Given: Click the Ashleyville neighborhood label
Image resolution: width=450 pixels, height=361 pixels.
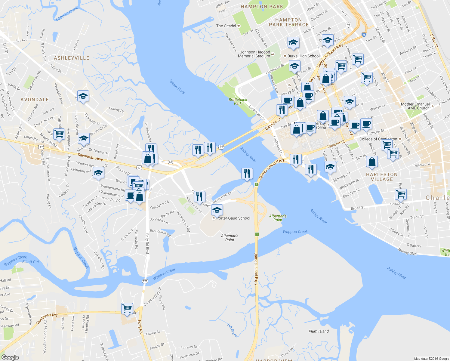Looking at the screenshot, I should click(x=71, y=58).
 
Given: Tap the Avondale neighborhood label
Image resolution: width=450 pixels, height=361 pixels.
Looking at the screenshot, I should click(x=35, y=100).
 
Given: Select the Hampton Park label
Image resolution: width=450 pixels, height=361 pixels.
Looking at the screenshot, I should click(x=262, y=7).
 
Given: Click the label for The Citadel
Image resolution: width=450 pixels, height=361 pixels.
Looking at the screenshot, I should click(x=226, y=26).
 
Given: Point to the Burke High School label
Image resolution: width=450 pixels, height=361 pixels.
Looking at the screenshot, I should click(x=303, y=56).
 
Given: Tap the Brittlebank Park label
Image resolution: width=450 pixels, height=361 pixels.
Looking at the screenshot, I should click(x=238, y=101).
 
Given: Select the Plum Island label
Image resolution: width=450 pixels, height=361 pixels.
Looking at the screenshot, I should click(x=319, y=331).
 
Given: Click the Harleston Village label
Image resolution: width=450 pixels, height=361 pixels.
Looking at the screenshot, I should click(x=382, y=177).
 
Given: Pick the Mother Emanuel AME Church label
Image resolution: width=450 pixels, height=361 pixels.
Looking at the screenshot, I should click(x=415, y=106).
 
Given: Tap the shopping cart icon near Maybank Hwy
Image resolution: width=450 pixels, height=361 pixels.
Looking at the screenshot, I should click(x=127, y=308).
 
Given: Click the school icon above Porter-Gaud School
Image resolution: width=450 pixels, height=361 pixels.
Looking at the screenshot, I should click(x=217, y=209).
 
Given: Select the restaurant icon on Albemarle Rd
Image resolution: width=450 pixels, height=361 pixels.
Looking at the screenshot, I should click(x=199, y=196).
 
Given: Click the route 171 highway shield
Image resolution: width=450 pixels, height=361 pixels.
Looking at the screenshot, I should click(x=145, y=281).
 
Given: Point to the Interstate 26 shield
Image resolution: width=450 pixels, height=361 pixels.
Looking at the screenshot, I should click(x=364, y=35).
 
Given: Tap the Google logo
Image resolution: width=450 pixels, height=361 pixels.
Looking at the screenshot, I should click(x=10, y=357).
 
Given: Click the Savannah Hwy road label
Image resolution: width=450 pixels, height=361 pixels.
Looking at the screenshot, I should click(x=90, y=157).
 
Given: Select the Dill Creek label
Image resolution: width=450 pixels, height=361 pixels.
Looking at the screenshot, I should click(x=232, y=330).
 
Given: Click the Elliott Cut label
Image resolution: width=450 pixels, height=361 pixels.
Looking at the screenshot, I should click(x=31, y=262).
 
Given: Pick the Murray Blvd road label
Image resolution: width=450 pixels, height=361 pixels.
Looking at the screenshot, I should click(x=407, y=251).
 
